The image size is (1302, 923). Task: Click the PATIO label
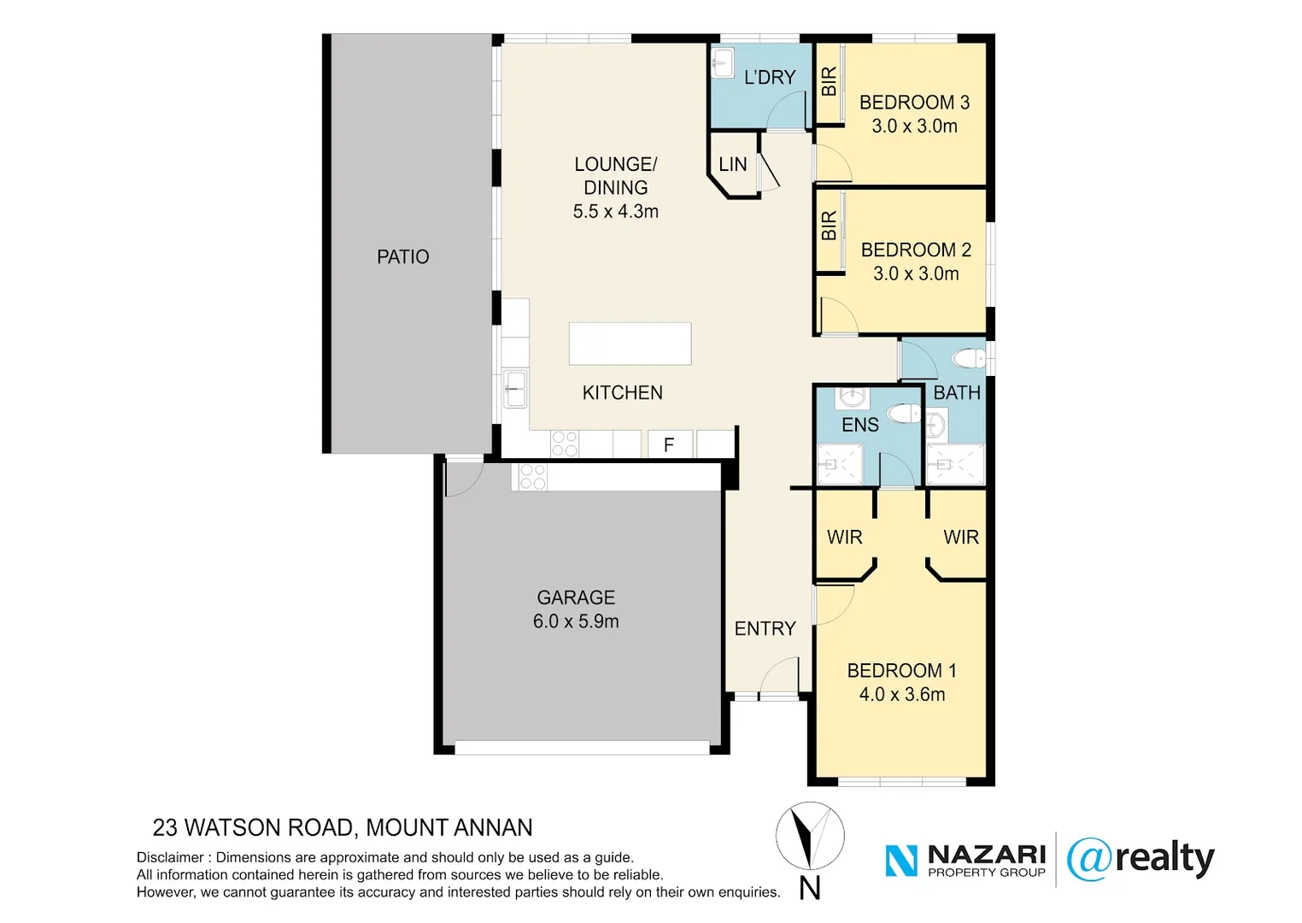pos(402,256)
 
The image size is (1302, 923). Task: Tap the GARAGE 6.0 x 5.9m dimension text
pos(576,621)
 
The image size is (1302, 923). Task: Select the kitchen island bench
pos(630,344)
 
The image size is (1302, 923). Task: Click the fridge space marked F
pos(669,444)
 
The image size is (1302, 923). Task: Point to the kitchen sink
pos(515,389)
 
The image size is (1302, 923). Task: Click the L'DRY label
pos(769,77)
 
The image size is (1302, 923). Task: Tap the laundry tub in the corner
pos(723,62)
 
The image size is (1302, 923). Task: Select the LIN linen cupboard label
pos(732,164)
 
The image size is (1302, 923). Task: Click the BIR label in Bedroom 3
pos(829,82)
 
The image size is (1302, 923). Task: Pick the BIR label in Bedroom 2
pos(829,226)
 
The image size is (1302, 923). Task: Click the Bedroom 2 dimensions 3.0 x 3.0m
pos(916,273)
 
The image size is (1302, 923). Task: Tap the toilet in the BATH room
pos(970,357)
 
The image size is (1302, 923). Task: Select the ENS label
pos(859,425)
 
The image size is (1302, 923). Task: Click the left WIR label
pos(844,537)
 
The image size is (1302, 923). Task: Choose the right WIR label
pos(961,537)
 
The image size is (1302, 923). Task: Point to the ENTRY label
pos(765,628)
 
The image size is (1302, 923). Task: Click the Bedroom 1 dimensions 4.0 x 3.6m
pos(902,694)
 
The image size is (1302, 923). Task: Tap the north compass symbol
pos(810,837)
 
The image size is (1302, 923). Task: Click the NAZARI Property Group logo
pos(965,860)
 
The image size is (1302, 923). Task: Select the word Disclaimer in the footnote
pos(170,857)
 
